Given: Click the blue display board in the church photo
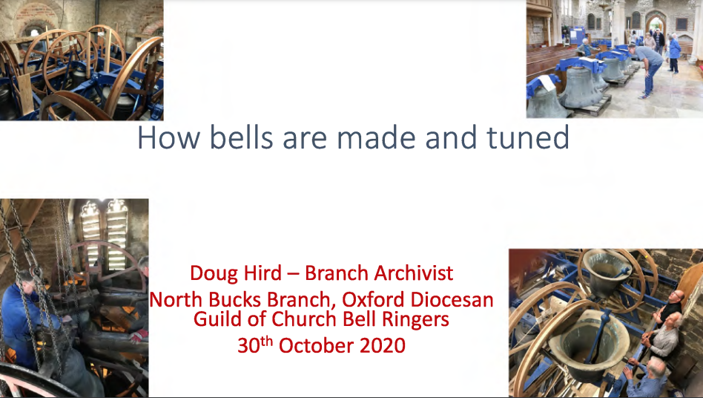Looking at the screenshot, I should (578, 34).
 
